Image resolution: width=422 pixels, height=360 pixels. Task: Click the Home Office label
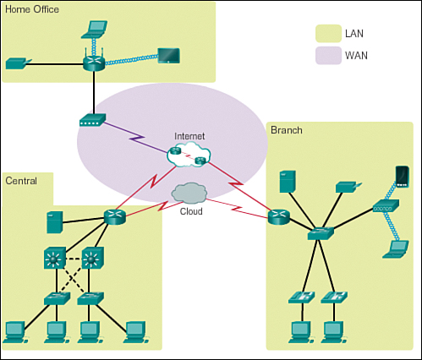[x=32, y=9]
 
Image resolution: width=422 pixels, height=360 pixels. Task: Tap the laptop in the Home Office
[x=94, y=30]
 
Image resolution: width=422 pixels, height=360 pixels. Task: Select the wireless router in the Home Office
[x=94, y=61]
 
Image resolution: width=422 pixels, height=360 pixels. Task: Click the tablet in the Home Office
[x=168, y=56]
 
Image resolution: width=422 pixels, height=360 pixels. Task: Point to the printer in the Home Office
[x=19, y=63]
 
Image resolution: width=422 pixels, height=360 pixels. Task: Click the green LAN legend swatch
[x=328, y=34]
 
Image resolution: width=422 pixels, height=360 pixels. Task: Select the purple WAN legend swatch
[x=328, y=56]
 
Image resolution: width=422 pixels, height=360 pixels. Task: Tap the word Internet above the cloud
[x=189, y=136]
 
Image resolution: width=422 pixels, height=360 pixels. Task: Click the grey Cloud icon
[x=189, y=194]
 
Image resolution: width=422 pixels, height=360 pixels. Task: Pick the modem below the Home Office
[x=92, y=120]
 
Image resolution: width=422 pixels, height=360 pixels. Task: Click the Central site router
[x=114, y=217]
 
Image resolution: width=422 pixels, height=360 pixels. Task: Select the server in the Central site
[x=55, y=222]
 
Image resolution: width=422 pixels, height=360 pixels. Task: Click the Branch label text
[x=287, y=130]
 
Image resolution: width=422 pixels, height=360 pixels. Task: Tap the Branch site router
[x=279, y=217]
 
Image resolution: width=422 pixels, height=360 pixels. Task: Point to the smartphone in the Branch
[x=403, y=177]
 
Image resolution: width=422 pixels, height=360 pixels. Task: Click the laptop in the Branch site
[x=396, y=249]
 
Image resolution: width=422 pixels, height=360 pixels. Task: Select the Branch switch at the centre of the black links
[x=321, y=233]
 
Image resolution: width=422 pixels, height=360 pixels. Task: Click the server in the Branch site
[x=288, y=182]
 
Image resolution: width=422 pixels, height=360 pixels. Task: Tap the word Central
[x=21, y=181]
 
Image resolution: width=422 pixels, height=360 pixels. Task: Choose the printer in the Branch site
[x=348, y=188]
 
